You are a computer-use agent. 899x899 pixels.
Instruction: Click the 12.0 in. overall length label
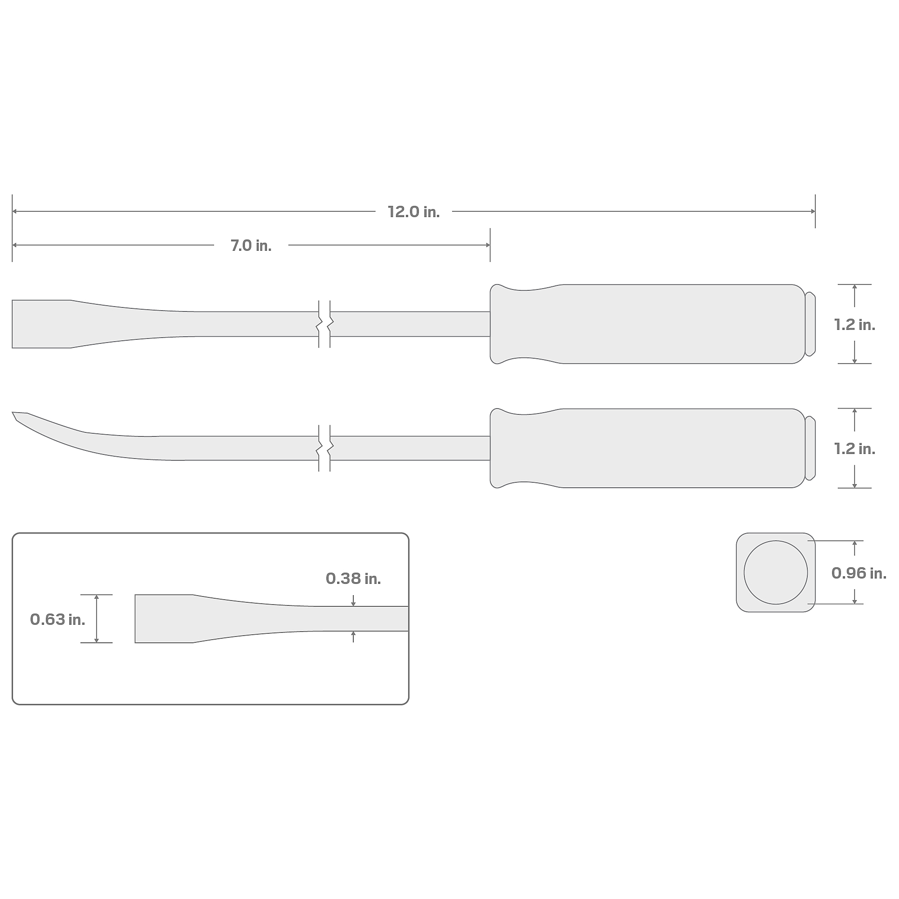click(x=414, y=212)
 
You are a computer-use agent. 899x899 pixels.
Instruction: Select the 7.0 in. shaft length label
click(x=251, y=246)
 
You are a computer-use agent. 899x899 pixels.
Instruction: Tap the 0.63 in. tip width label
click(x=58, y=619)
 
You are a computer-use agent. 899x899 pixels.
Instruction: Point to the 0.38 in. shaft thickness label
click(x=353, y=579)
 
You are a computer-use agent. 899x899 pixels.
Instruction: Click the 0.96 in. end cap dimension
click(x=859, y=573)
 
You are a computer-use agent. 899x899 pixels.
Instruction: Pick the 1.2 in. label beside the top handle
click(x=855, y=325)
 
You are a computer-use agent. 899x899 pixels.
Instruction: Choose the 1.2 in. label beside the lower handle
click(x=855, y=449)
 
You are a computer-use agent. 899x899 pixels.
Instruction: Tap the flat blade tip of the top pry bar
click(x=41, y=324)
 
